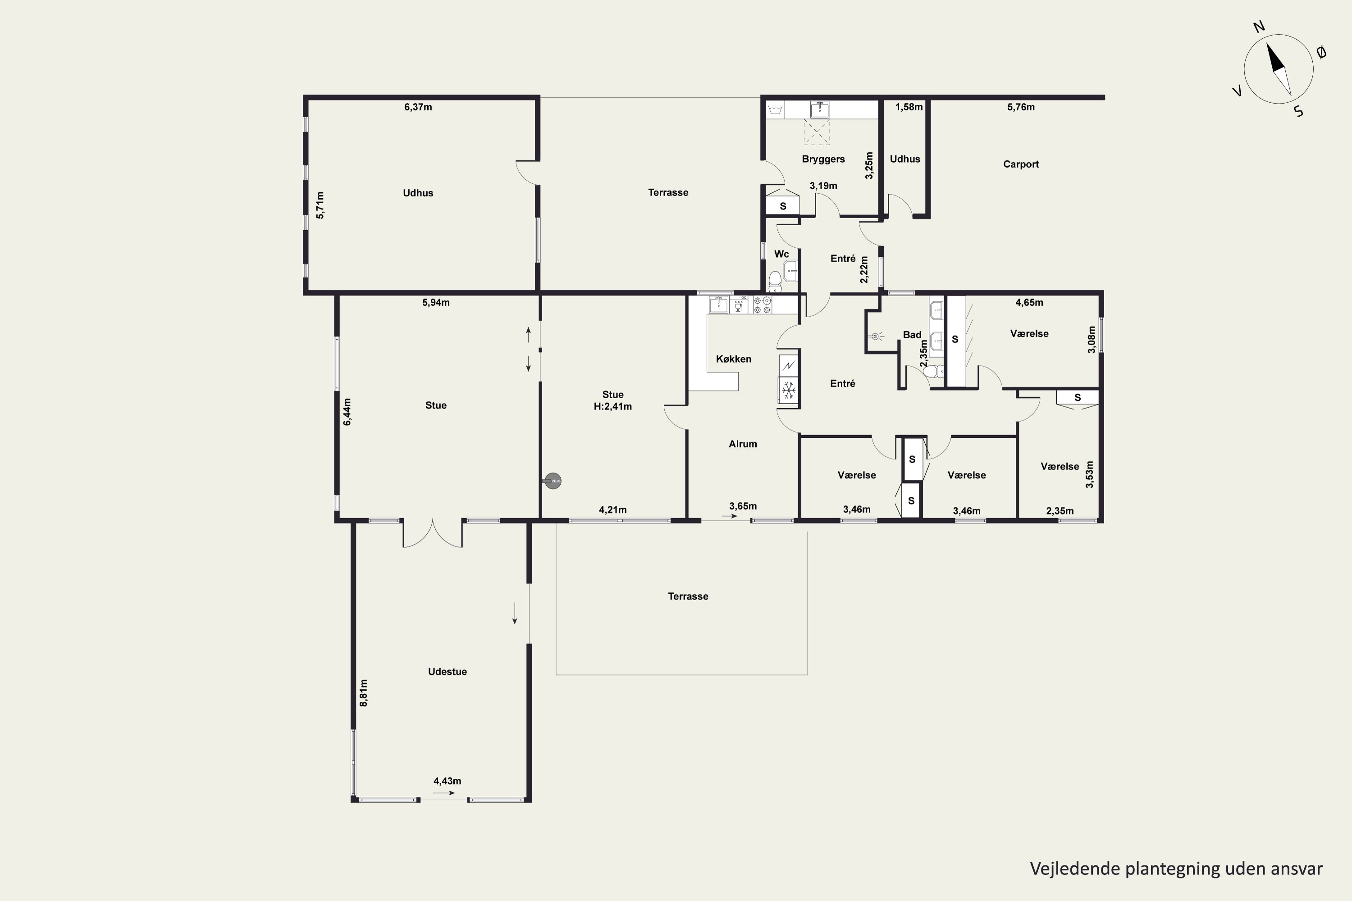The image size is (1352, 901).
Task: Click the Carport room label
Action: coord(1021,164)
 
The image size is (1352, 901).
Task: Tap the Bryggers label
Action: coord(823,159)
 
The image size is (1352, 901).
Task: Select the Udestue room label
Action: coord(447,672)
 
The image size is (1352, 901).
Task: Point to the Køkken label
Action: coord(734,359)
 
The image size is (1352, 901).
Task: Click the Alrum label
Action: coord(743,444)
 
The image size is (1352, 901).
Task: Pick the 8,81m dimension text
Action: coord(364,693)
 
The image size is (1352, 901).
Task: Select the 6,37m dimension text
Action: coord(418,107)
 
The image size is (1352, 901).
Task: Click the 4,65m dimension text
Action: coord(1029,302)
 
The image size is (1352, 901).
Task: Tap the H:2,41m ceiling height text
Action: coord(613,407)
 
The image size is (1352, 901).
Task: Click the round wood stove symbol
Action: coord(553,481)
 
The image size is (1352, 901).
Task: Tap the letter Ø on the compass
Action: coord(1321,53)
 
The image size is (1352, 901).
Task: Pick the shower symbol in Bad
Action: coord(876,336)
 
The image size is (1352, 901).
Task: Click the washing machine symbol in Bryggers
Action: coord(776,109)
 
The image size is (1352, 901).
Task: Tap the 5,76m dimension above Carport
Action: coord(1021,107)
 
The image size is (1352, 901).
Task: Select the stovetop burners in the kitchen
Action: coord(763,305)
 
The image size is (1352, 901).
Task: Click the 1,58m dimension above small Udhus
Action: coord(909,107)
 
